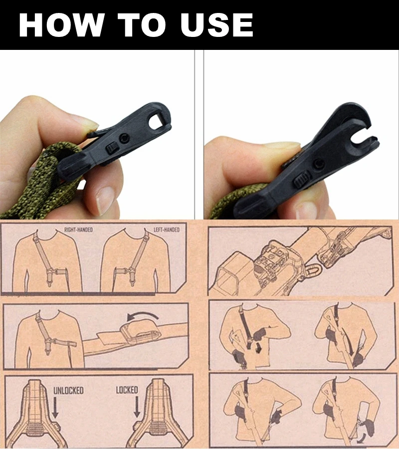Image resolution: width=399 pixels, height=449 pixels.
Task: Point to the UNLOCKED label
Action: (x=68, y=390)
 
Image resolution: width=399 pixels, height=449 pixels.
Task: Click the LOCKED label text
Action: (x=127, y=390)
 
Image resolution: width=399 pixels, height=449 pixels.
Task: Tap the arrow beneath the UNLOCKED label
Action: (x=55, y=408)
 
